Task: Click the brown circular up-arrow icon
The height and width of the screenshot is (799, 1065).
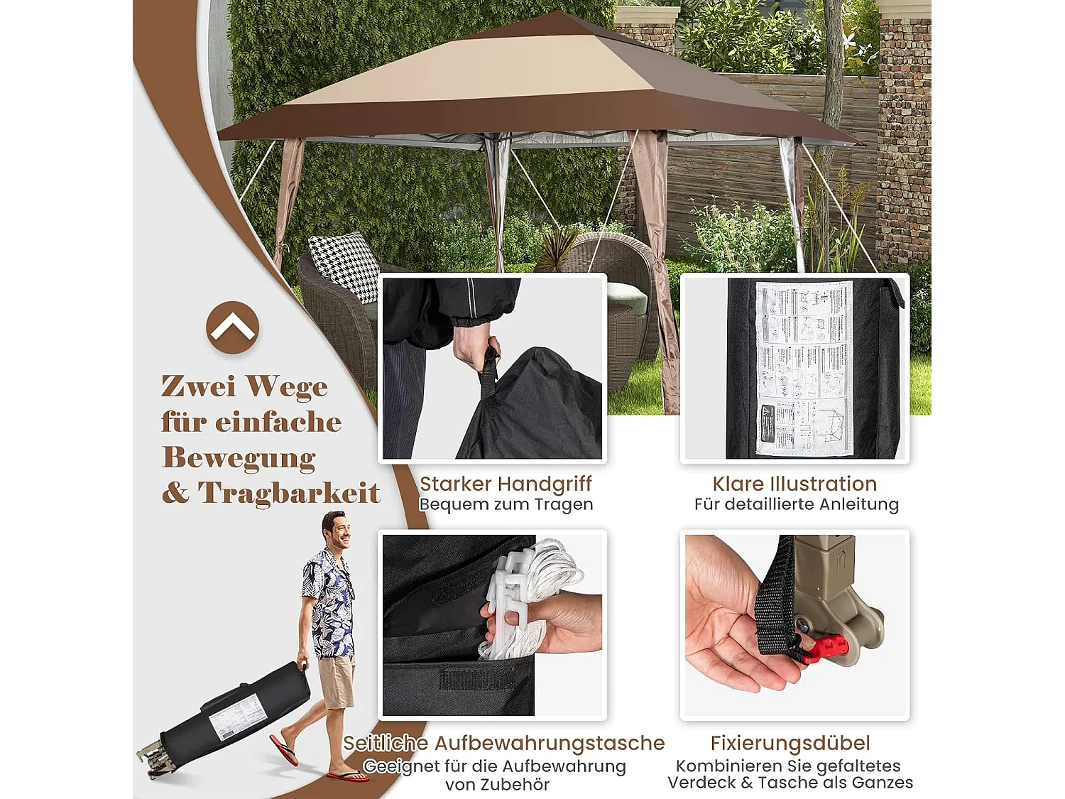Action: coord(232,327)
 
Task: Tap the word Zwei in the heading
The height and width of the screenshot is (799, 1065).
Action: coord(198,386)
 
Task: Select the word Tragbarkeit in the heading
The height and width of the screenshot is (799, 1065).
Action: coord(289,493)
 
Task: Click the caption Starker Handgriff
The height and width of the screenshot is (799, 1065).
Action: coord(506,484)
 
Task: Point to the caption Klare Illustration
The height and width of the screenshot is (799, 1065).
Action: coord(794,484)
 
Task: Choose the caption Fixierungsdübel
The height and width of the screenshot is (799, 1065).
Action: coord(790,743)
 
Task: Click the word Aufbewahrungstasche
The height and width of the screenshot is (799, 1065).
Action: coord(550,743)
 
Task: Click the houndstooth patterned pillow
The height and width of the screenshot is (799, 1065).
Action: coord(346,266)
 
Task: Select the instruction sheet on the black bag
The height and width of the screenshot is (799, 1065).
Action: coord(804,367)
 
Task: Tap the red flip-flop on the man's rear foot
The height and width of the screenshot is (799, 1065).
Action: coord(284,750)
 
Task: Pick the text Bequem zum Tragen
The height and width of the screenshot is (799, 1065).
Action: coord(506,504)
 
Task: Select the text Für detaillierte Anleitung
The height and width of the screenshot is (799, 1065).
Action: coord(796,504)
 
